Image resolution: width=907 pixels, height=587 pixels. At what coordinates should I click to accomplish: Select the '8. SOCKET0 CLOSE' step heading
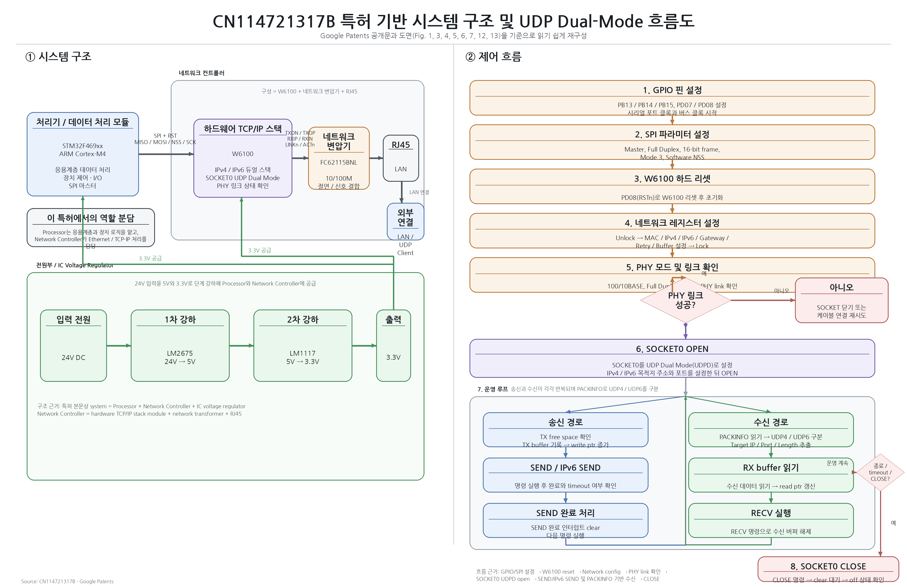coord(828,566)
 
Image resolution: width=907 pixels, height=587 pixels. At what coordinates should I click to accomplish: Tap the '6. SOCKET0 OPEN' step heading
coord(672,349)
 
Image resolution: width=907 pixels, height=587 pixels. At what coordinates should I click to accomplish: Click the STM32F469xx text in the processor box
coord(83,146)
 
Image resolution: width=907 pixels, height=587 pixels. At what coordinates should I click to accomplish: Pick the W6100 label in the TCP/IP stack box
coord(243,154)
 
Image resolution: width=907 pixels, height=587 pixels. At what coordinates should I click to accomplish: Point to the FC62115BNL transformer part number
coord(339,162)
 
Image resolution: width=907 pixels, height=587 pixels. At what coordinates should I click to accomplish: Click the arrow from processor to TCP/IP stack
coord(166,154)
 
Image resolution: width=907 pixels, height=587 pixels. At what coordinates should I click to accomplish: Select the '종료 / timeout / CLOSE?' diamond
coord(880,473)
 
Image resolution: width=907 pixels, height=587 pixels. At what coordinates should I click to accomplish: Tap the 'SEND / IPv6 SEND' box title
coord(565,468)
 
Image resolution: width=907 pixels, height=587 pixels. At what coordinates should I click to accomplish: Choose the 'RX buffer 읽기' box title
coord(771,468)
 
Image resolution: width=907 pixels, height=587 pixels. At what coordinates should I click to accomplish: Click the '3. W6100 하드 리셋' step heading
coord(672,179)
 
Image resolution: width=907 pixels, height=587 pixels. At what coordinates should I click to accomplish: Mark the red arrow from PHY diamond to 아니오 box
coord(762,300)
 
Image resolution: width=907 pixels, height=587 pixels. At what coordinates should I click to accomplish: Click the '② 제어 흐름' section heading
coord(493,57)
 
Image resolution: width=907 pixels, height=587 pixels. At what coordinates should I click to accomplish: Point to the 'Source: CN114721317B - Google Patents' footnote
coord(67,581)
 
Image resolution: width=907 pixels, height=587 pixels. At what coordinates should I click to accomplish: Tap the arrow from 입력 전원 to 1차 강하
coord(118,346)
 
